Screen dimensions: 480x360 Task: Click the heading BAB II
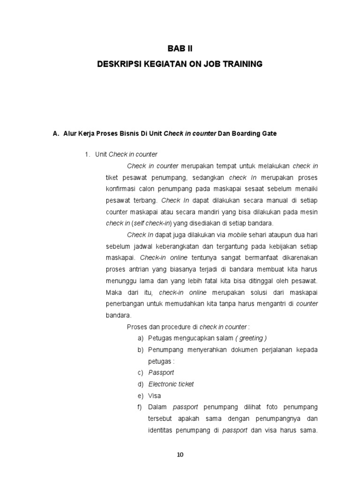[x=180, y=48]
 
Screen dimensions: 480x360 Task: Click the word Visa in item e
[x=155, y=395]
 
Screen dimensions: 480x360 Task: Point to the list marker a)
[x=140, y=338]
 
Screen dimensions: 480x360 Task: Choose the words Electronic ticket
[x=171, y=384]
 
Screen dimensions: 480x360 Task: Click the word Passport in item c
[x=161, y=372]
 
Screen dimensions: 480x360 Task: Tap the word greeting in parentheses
[x=252, y=338]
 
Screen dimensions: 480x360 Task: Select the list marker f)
[x=140, y=406]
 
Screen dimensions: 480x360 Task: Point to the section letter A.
[x=55, y=134]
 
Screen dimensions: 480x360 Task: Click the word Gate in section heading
[x=269, y=134]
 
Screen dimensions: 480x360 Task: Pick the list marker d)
[x=140, y=384]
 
